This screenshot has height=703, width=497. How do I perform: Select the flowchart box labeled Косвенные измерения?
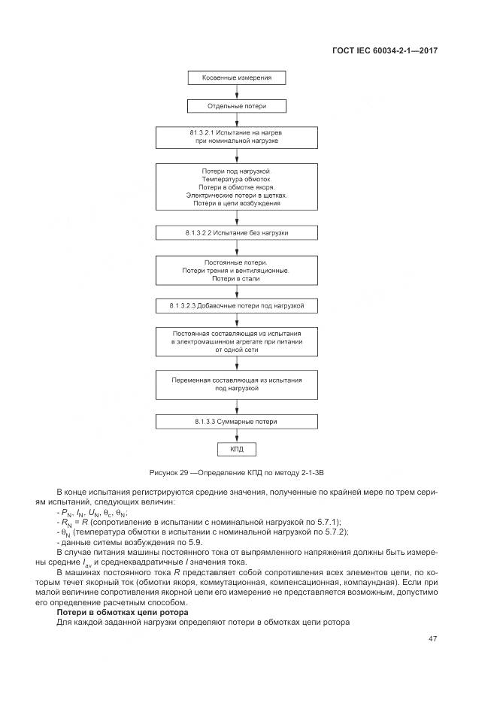[x=237, y=77]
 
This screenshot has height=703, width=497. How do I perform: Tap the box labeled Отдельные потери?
[x=237, y=106]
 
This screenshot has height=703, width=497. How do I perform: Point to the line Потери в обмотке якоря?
[x=237, y=186]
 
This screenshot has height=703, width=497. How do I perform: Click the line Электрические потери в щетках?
[x=237, y=195]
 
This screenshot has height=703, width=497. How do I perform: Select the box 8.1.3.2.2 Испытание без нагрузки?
[x=237, y=233]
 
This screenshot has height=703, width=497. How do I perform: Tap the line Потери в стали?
[x=237, y=278]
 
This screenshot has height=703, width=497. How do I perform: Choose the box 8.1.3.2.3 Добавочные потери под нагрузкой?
[x=237, y=307]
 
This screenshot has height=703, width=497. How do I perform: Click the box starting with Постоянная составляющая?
[x=237, y=341]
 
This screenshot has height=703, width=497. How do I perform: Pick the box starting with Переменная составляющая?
[x=237, y=384]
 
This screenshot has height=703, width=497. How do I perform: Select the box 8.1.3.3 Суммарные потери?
[x=237, y=422]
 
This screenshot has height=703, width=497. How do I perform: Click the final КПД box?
[x=237, y=450]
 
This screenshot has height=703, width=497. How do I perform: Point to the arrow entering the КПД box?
[x=237, y=438]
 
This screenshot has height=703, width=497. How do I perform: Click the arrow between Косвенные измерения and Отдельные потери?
[x=237, y=92]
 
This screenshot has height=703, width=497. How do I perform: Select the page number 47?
[x=432, y=638]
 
